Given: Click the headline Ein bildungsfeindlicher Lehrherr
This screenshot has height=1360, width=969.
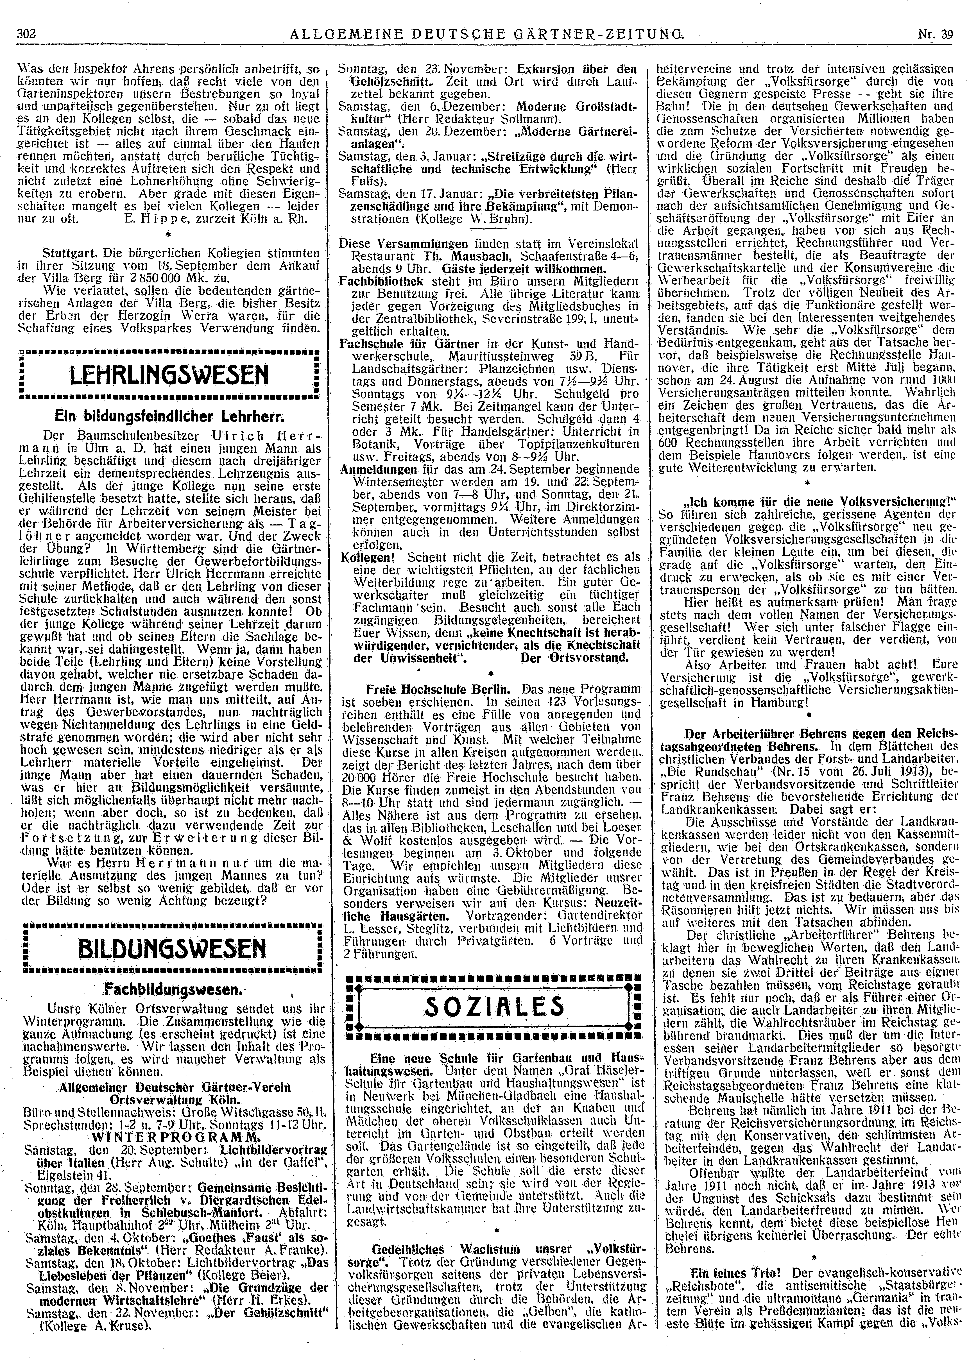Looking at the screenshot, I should pos(171,414).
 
